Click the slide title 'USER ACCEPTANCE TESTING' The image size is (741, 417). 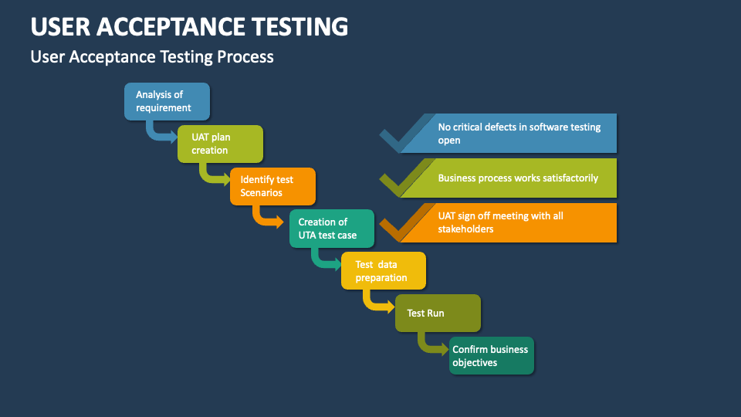[x=189, y=26]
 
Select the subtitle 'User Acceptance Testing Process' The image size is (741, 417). [x=152, y=57]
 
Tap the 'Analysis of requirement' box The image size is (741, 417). [x=167, y=101]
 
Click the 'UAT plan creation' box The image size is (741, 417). [x=220, y=144]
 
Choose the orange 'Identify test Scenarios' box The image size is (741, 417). [x=272, y=186]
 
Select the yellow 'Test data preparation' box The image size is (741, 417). [x=384, y=270]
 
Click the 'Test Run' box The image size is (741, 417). [x=437, y=314]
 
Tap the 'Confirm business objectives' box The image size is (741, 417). [x=491, y=355]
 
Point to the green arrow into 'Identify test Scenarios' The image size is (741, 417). [x=213, y=176]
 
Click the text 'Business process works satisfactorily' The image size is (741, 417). [x=518, y=178]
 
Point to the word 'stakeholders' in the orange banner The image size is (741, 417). [x=465, y=229]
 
